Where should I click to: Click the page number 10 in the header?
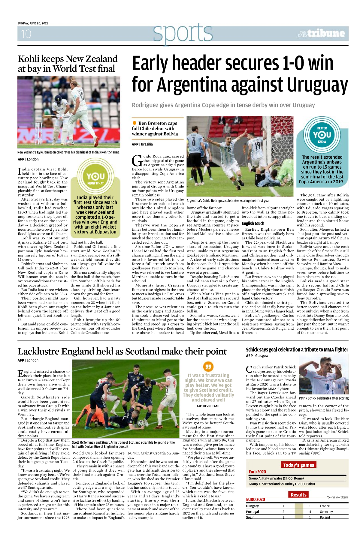click(26, 34)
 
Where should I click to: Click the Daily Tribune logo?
click(322, 34)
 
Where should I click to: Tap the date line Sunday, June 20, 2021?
click(33, 23)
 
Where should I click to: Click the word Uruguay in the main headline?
click(318, 85)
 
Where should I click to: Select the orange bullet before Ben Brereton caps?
click(134, 123)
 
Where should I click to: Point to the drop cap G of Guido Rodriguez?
click(137, 160)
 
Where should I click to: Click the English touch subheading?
click(253, 223)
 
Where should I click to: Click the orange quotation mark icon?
click(208, 366)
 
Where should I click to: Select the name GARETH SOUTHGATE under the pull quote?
click(208, 406)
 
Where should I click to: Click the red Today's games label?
click(298, 465)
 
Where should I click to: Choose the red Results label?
click(298, 495)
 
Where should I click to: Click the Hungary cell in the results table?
click(253, 506)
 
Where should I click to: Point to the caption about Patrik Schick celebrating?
click(324, 398)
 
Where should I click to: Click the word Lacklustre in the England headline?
click(40, 351)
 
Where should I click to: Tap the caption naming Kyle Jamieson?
click(68, 152)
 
